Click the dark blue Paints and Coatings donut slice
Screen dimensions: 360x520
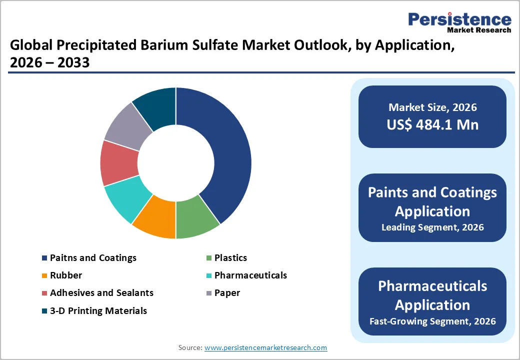pos(225,150)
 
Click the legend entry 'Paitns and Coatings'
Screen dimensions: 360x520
pos(93,258)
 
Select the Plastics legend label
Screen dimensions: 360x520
pos(230,258)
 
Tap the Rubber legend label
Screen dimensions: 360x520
pos(66,275)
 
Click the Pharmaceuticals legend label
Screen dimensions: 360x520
pos(250,275)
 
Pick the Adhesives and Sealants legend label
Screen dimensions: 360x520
pos(101,293)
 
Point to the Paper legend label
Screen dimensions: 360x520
pos(227,293)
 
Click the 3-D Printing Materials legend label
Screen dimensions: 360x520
pos(98,311)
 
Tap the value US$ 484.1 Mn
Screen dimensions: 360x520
pos(432,124)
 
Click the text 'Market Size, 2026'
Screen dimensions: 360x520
pos(432,107)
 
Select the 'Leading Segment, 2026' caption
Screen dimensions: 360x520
pos(432,227)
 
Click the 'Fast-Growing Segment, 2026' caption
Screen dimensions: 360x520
pos(432,321)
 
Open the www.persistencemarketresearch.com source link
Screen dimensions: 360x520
pos(265,347)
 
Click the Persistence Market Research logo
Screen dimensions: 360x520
pos(459,22)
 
